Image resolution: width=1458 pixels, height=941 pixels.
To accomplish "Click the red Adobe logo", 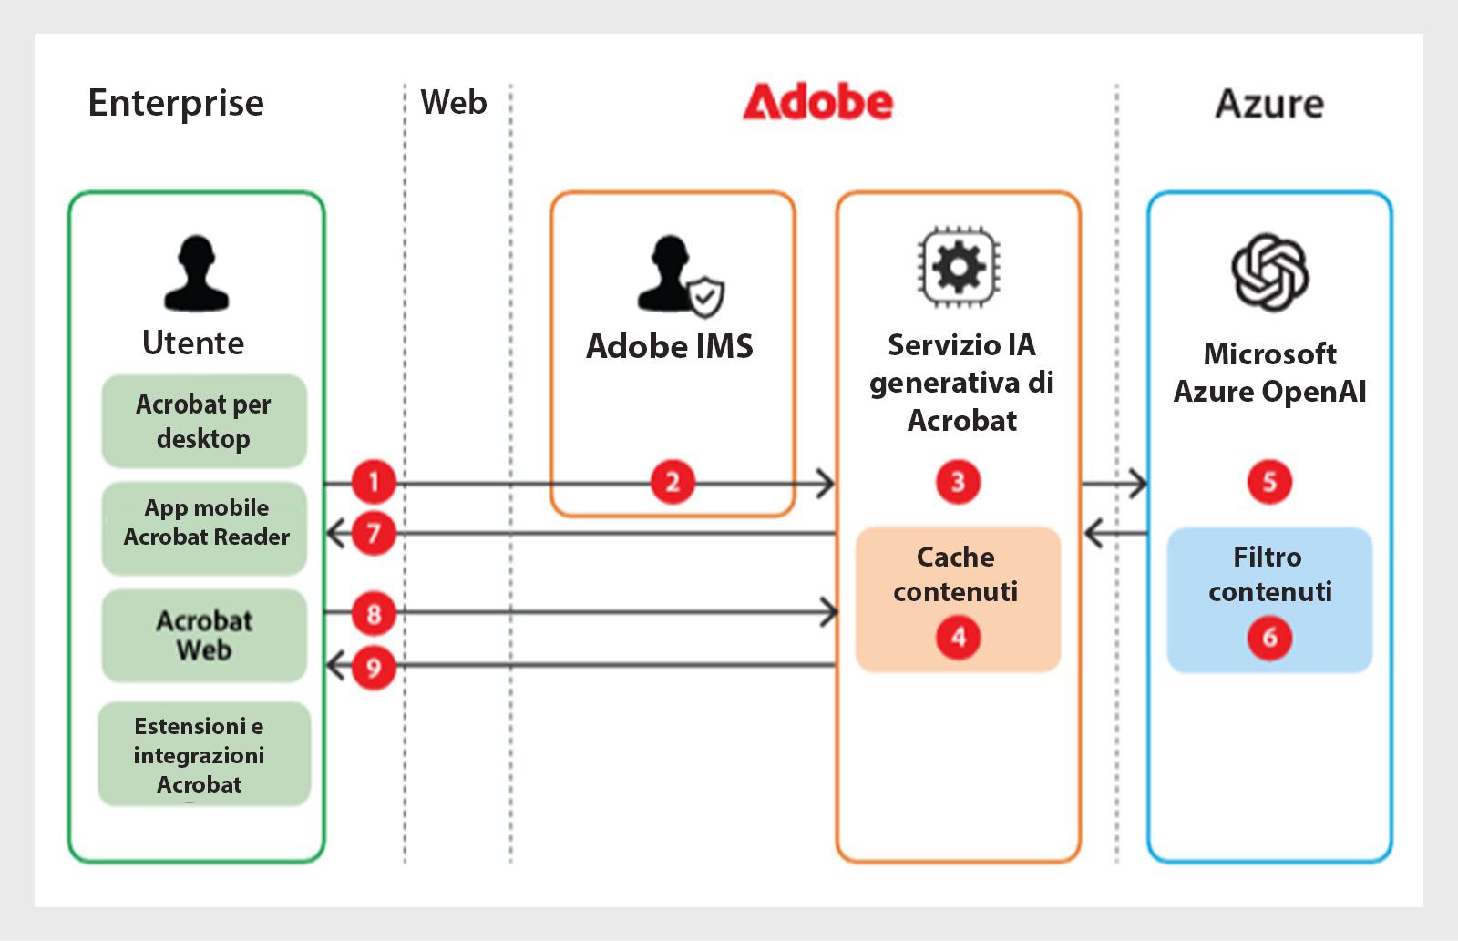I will click(817, 102).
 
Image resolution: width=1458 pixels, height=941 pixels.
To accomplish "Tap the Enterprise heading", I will click(176, 103).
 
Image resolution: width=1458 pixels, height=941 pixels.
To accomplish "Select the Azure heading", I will click(1268, 104).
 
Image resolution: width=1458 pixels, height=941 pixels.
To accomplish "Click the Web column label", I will click(453, 102).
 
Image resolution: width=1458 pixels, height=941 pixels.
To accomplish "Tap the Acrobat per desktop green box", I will click(203, 421).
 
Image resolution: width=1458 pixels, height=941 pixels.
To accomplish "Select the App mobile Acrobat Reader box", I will click(205, 524).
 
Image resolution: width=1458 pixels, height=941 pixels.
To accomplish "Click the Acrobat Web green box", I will click(204, 635).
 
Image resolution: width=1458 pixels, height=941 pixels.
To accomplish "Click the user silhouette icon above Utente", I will click(196, 273).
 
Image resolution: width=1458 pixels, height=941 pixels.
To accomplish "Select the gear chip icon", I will click(958, 268).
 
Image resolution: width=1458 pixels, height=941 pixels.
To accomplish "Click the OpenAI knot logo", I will click(1269, 271).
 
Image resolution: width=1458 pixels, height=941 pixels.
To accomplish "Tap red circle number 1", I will click(373, 482).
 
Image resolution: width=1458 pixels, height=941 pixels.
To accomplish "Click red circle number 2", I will click(673, 482).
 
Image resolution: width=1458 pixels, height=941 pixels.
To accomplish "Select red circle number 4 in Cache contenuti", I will click(958, 637).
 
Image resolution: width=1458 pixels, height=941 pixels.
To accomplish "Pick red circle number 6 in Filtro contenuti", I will click(1269, 637).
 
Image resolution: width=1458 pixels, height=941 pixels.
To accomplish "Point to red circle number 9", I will click(373, 668).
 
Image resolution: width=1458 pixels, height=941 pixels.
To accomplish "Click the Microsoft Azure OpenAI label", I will click(1269, 373).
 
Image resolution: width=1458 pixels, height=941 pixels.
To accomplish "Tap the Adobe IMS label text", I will click(670, 346).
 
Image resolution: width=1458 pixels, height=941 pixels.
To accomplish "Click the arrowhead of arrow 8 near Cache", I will click(830, 611).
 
